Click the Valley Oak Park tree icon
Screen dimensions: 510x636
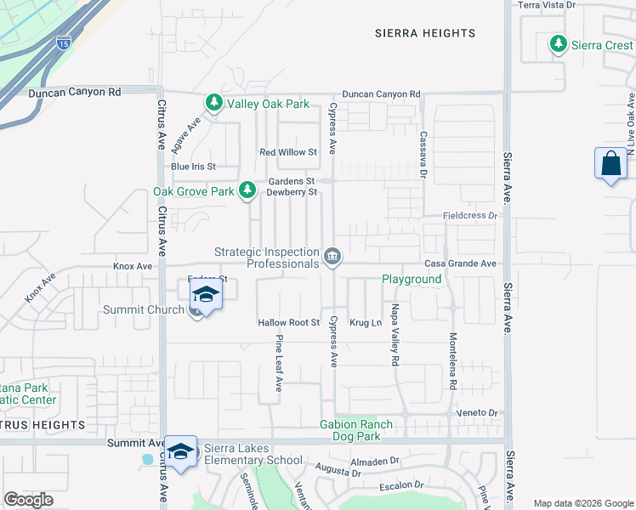click(x=213, y=103)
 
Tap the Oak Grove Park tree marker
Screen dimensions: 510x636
click(x=247, y=190)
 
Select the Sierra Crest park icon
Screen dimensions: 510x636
click(x=558, y=43)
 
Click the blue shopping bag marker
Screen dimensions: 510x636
click(x=610, y=163)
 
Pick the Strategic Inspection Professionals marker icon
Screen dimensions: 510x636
click(x=332, y=256)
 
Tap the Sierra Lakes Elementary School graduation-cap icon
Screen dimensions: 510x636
click(x=180, y=451)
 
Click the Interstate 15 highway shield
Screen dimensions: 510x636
click(x=64, y=42)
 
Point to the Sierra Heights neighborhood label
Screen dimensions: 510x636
click(x=425, y=33)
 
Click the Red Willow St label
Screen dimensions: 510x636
click(x=288, y=152)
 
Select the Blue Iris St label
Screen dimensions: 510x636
click(x=193, y=167)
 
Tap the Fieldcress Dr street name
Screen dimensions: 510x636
click(x=468, y=216)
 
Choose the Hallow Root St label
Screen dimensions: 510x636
click(x=288, y=323)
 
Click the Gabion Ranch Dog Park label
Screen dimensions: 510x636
click(x=356, y=430)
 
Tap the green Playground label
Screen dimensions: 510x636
click(x=411, y=279)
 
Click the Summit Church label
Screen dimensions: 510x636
click(x=144, y=309)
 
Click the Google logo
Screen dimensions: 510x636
click(x=29, y=500)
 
